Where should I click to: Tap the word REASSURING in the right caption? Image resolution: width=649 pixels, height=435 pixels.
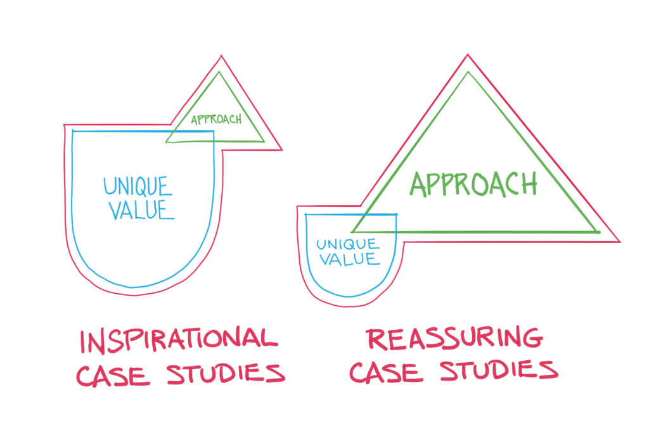coord(455,339)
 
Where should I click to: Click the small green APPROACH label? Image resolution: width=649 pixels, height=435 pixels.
coord(216,119)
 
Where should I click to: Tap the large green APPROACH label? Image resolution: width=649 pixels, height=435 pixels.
coord(473,183)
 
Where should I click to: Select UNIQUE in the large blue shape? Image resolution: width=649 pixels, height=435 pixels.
coord(138,186)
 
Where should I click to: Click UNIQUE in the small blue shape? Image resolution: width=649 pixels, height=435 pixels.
coord(347,244)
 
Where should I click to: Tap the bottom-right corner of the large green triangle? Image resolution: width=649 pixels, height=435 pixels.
coord(598,232)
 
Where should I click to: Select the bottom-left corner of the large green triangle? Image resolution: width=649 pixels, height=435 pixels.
coord(352,232)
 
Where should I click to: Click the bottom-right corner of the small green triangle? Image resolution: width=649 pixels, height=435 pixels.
coord(264,141)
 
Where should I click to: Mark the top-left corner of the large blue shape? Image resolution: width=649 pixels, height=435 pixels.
coord(73,131)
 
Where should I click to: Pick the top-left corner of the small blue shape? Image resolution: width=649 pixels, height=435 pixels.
coord(306,215)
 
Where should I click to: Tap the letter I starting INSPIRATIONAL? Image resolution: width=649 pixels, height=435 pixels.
coord(84,341)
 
